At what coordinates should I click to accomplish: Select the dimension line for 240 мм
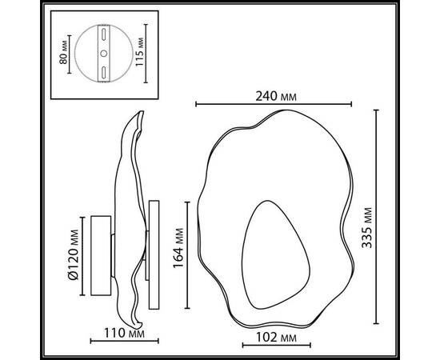pyautogui.click(x=274, y=104)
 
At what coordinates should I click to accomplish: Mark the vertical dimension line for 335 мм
pyautogui.click(x=378, y=216)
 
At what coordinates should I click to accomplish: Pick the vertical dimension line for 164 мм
pyautogui.click(x=187, y=254)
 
